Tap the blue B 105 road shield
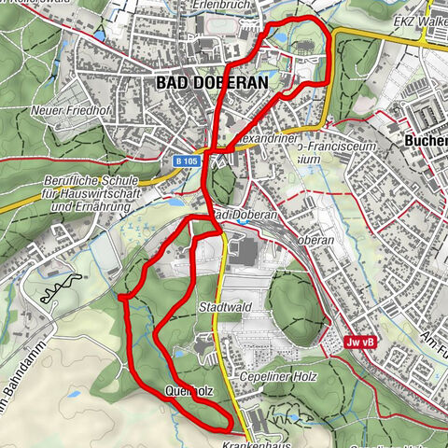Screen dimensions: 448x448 185,161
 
